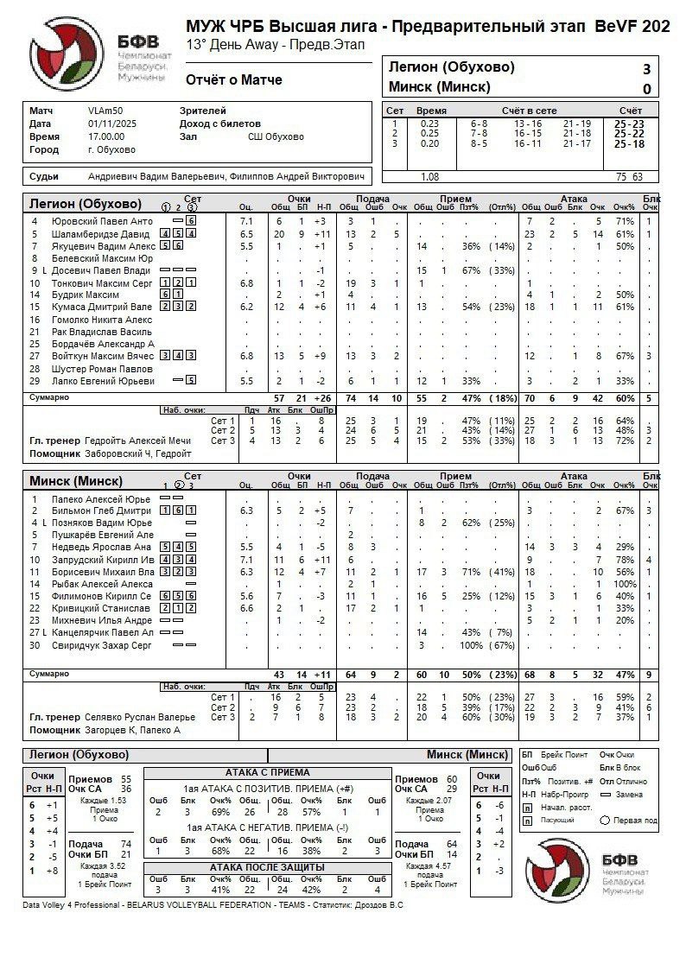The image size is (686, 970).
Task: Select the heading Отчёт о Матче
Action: pyautogui.click(x=233, y=80)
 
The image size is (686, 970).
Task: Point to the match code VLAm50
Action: pyautogui.click(x=105, y=111)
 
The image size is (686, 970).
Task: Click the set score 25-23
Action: pyautogui.click(x=628, y=124)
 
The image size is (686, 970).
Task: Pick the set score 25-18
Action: pyautogui.click(x=628, y=143)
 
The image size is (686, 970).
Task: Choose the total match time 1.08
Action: pyautogui.click(x=429, y=176)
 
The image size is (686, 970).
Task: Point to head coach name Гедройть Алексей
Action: pyautogui.click(x=137, y=441)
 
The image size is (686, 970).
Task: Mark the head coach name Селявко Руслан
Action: pyautogui.click(x=140, y=717)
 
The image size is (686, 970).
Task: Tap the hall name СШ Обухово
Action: pyautogui.click(x=276, y=136)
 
